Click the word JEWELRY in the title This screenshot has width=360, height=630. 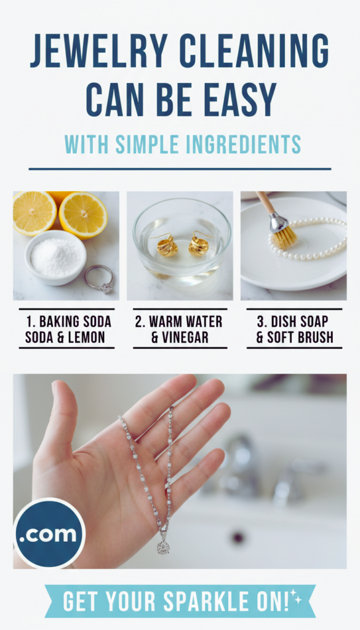pos(99,51)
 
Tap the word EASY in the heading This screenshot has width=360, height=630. pos(240,100)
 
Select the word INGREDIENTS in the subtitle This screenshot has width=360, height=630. pos(234,145)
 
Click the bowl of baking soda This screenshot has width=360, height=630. pos(55,257)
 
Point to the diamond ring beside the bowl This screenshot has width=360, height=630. pos(99,279)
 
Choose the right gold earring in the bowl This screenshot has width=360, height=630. pos(199,244)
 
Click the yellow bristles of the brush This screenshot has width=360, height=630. pos(284,239)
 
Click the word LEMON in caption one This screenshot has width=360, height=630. pos(85,337)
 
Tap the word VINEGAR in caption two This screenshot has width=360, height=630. pos(186,337)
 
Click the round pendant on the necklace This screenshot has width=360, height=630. pos(162,547)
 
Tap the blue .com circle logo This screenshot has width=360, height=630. pos(49,533)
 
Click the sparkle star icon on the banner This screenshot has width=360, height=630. pos(297,597)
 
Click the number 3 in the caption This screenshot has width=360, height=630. pos(260,321)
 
